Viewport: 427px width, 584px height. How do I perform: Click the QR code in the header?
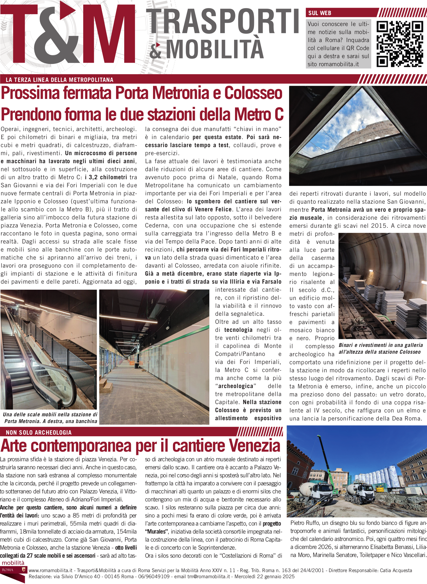pyautogui.click(x=400, y=44)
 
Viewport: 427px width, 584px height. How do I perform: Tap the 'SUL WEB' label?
pyautogui.click(x=320, y=13)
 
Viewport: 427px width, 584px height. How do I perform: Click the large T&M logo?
pyautogui.click(x=68, y=34)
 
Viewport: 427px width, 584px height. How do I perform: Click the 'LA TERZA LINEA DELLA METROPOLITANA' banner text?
pyautogui.click(x=59, y=80)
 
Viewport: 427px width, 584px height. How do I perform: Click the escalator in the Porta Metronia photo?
pyautogui.click(x=35, y=369)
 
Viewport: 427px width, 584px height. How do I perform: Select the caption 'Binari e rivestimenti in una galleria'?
pyautogui.click(x=381, y=345)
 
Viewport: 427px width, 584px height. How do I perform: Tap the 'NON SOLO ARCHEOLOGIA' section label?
pyautogui.click(x=39, y=432)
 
